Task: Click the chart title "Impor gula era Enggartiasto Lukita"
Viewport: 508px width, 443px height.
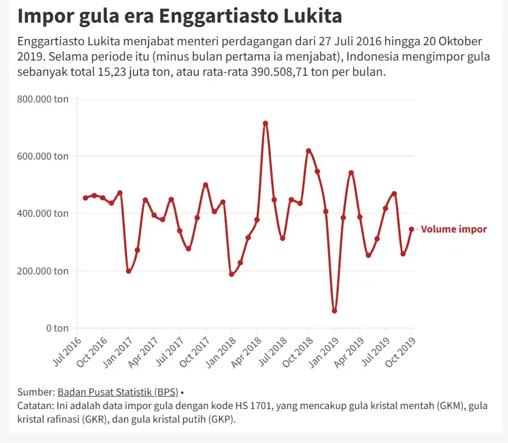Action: [179, 16]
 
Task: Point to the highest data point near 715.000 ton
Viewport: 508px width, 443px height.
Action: [265, 123]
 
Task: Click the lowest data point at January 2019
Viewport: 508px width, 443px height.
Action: [334, 311]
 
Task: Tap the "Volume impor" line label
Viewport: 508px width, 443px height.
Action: [454, 229]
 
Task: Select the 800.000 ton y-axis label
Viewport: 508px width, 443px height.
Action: [43, 99]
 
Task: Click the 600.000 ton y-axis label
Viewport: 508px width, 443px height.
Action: [43, 156]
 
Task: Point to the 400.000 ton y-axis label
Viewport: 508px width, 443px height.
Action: [43, 213]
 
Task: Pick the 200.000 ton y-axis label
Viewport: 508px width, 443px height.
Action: [43, 270]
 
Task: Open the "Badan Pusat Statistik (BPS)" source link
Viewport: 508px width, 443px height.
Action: [118, 392]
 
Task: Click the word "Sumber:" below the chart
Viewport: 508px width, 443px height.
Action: [36, 392]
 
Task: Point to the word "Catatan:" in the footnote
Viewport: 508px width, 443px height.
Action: [37, 406]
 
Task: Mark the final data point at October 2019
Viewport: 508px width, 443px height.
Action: [412, 229]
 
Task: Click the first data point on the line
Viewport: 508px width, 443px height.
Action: [85, 198]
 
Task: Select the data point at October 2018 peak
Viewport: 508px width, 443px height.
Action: [308, 151]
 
